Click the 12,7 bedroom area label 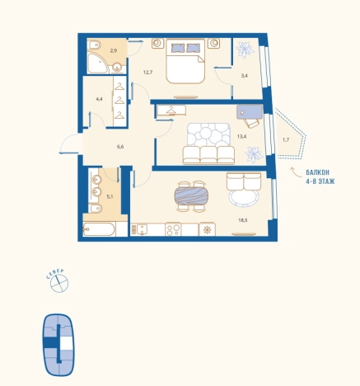click(x=147, y=73)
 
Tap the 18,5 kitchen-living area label click(x=243, y=220)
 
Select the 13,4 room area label click(x=241, y=136)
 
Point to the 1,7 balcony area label click(x=286, y=139)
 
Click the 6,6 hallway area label click(x=120, y=147)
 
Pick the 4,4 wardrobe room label click(x=99, y=99)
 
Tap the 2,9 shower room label click(x=114, y=50)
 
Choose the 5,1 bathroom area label click(x=110, y=196)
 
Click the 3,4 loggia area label click(x=245, y=75)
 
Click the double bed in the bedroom click(x=185, y=61)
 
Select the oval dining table click(x=191, y=195)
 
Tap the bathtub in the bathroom click(x=99, y=229)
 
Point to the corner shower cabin click(x=97, y=63)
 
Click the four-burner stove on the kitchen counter click(x=173, y=229)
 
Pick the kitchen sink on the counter click(x=142, y=229)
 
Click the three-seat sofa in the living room click(x=208, y=155)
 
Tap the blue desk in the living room click(x=250, y=112)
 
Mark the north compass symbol click(x=59, y=284)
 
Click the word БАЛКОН click(x=317, y=172)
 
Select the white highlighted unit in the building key click(x=66, y=343)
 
